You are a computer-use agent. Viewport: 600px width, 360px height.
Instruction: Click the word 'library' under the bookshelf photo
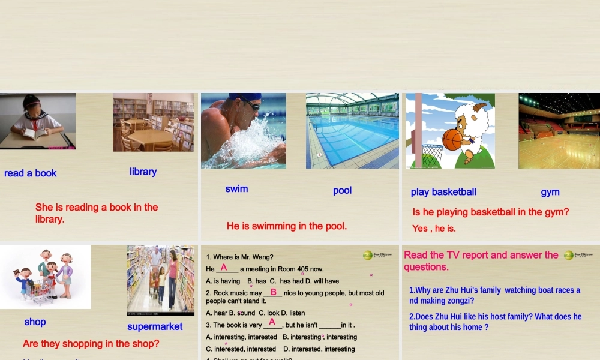tap(143, 172)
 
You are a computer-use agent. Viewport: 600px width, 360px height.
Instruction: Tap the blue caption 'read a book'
tap(30, 173)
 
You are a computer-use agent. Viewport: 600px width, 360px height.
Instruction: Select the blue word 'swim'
tap(236, 189)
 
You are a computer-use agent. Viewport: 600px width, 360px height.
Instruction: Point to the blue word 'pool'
tap(342, 191)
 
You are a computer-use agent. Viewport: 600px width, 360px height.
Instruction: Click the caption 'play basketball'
tap(443, 192)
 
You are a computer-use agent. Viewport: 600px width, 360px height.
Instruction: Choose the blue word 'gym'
tap(550, 192)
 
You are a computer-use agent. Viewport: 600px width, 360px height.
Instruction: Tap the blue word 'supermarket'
tap(155, 327)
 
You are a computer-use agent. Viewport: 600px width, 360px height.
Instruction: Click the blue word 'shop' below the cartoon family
tap(35, 322)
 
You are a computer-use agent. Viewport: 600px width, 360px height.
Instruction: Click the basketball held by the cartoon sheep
tap(452, 140)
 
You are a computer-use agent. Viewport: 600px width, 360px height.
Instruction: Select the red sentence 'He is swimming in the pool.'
tap(286, 226)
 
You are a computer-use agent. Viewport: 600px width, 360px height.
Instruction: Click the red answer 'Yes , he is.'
tap(434, 229)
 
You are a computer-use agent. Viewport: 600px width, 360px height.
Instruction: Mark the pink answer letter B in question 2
tap(273, 292)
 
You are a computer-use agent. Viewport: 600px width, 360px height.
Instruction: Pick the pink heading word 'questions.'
tap(426, 267)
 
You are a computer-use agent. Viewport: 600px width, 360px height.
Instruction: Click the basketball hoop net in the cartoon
tap(433, 155)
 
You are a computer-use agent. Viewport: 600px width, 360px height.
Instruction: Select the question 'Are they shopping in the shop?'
tap(91, 344)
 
